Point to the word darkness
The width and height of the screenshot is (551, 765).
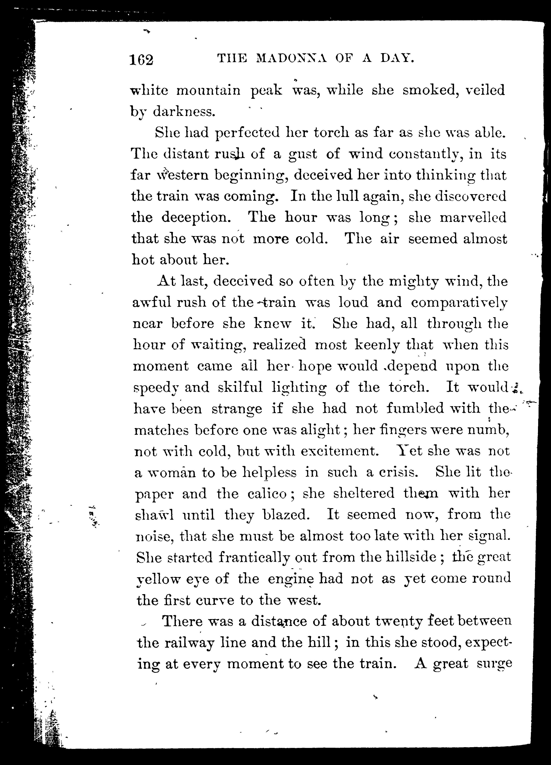click(x=184, y=112)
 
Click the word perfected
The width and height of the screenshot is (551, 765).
click(x=247, y=133)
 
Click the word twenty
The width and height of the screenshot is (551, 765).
click(x=399, y=621)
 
